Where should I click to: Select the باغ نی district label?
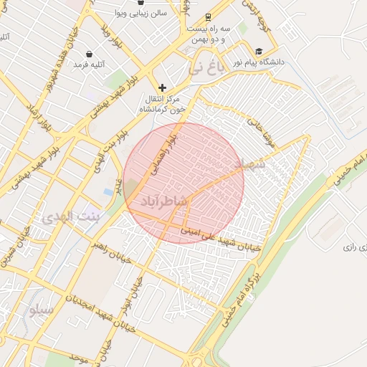(205, 69)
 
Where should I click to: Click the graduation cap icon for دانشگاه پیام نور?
(258, 52)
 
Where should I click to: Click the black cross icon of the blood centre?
(162, 87)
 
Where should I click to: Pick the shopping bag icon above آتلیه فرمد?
(89, 54)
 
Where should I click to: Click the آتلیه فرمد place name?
(89, 65)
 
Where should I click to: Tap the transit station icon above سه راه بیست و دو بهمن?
(208, 16)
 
